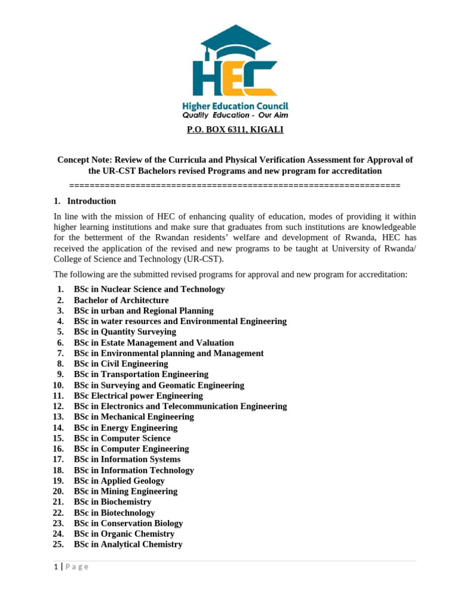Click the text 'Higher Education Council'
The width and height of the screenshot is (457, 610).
click(x=234, y=106)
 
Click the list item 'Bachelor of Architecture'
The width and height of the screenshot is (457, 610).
click(x=121, y=300)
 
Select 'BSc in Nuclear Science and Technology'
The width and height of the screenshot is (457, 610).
click(x=149, y=290)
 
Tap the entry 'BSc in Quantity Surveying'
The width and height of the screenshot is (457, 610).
click(x=124, y=332)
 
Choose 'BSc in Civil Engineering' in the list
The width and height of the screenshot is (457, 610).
click(x=121, y=364)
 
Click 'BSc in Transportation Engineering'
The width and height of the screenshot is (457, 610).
click(x=141, y=375)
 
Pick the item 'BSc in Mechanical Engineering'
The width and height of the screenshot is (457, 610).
click(x=134, y=417)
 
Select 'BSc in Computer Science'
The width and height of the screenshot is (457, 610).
click(x=122, y=438)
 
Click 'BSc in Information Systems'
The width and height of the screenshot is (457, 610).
click(x=127, y=459)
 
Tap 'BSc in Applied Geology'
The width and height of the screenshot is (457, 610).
click(x=119, y=481)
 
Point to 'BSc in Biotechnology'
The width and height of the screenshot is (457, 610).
click(x=114, y=513)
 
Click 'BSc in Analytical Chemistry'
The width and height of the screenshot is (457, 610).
click(x=128, y=544)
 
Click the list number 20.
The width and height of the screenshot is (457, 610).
click(x=58, y=491)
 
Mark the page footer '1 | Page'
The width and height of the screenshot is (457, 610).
click(x=71, y=567)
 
